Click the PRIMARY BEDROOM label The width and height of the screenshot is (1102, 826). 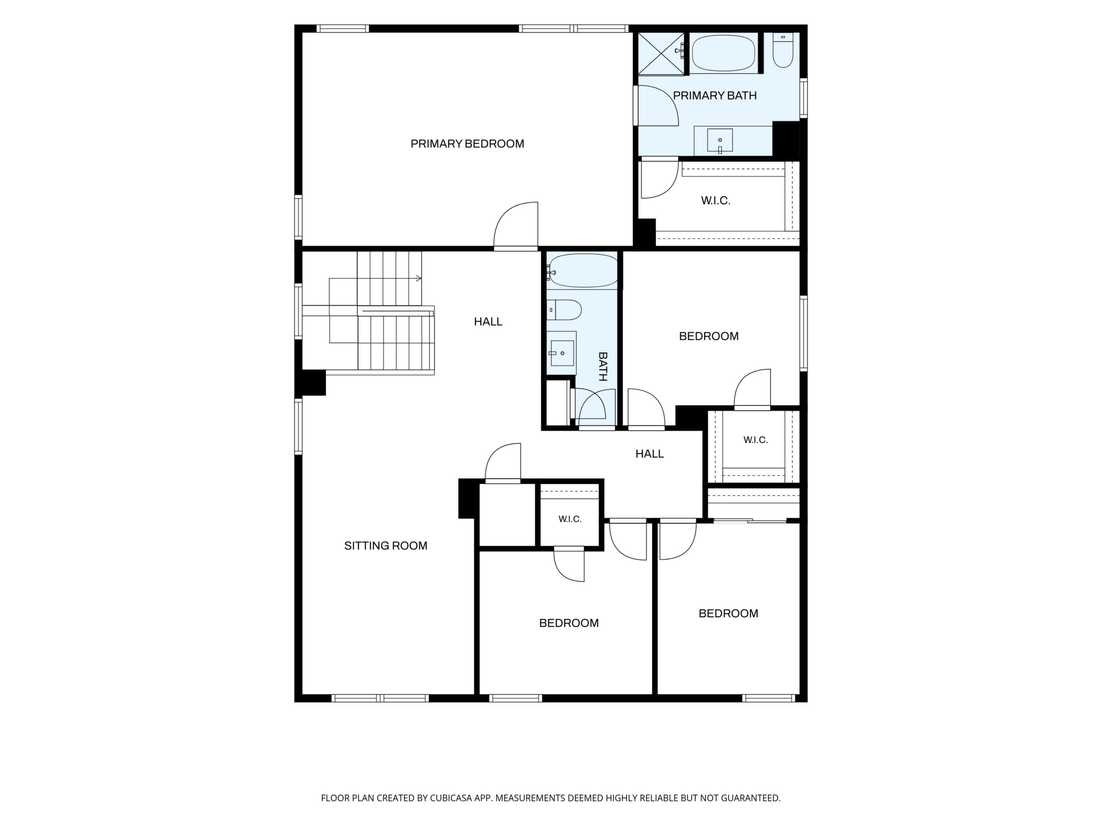click(467, 144)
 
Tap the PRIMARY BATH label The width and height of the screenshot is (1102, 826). click(715, 96)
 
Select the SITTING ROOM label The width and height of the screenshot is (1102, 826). click(385, 546)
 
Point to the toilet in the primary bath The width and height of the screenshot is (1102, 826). click(783, 50)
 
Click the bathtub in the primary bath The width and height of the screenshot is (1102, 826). click(723, 53)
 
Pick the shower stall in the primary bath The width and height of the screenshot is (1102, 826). click(660, 54)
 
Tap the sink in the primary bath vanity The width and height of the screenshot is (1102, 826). click(720, 140)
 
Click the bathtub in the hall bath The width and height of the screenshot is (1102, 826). click(582, 270)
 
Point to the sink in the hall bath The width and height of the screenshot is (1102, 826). click(562, 353)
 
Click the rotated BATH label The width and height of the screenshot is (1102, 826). click(603, 366)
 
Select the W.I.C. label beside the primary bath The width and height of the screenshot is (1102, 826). click(716, 201)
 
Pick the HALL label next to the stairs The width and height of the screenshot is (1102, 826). click(488, 322)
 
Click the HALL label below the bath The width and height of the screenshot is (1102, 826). click(649, 454)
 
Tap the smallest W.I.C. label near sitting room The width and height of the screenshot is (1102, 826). click(570, 519)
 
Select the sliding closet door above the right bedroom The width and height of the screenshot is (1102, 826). click(750, 521)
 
